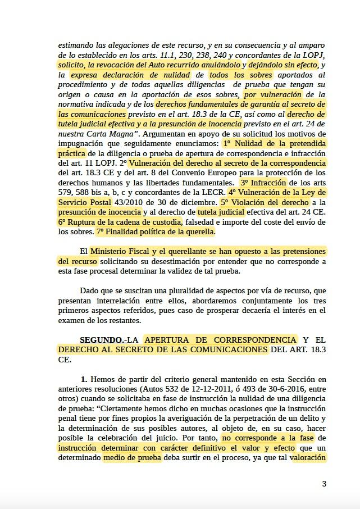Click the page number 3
[324, 484]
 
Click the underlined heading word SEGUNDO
[102, 340]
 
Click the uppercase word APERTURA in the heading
[183, 340]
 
